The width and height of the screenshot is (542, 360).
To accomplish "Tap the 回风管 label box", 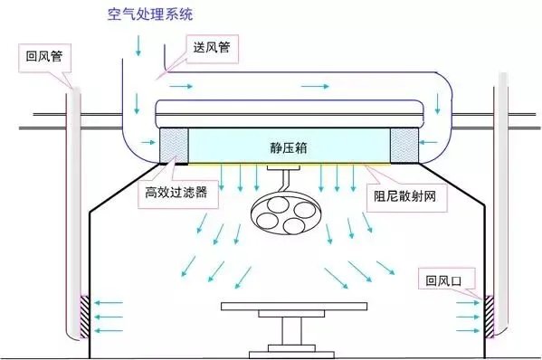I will click(43, 55).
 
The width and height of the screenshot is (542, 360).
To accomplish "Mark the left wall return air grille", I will click(85, 316).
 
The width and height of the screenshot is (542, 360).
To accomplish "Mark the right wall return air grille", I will click(487, 316).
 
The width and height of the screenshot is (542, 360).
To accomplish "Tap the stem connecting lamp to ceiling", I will click(281, 180).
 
